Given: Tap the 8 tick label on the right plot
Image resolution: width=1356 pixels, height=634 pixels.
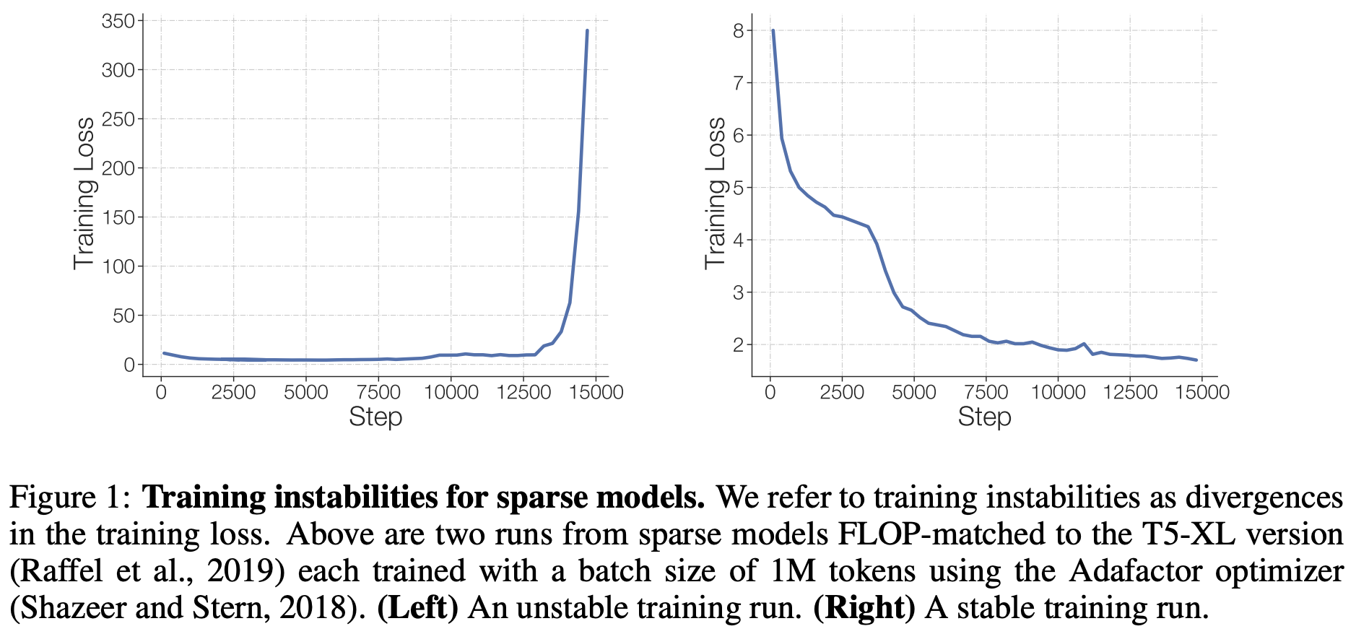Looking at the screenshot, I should tap(737, 30).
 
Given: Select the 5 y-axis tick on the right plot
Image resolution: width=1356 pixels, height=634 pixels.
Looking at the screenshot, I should tap(737, 188).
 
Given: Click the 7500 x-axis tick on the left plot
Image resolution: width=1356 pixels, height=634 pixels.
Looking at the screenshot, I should tap(378, 392).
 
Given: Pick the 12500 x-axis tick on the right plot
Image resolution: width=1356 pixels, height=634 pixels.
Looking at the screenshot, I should tap(1130, 392).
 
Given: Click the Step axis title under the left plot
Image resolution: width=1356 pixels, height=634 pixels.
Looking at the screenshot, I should tap(375, 417).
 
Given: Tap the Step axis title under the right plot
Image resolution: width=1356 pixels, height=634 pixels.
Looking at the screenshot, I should tap(984, 417).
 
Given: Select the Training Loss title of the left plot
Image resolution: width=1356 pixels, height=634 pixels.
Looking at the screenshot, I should tap(84, 194).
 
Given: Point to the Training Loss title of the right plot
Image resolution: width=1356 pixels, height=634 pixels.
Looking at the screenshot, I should tap(715, 194).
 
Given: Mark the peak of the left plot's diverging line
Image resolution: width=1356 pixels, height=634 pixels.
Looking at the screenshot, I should tap(587, 30).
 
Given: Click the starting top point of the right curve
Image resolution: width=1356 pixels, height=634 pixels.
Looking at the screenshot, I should tap(773, 30).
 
